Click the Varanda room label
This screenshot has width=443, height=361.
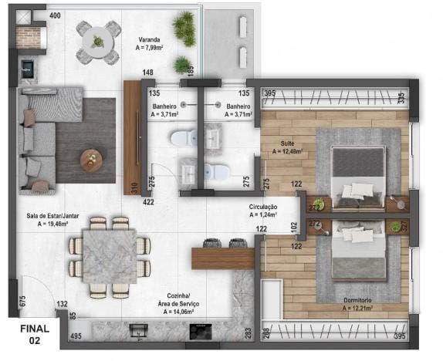[150, 39]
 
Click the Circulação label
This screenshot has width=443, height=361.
[263, 207]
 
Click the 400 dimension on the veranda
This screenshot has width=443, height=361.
[55, 15]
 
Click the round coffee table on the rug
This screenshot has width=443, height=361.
[92, 160]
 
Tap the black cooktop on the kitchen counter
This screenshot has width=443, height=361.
[201, 330]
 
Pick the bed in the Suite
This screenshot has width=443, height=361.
[357, 176]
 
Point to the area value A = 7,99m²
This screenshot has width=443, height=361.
[150, 47]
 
